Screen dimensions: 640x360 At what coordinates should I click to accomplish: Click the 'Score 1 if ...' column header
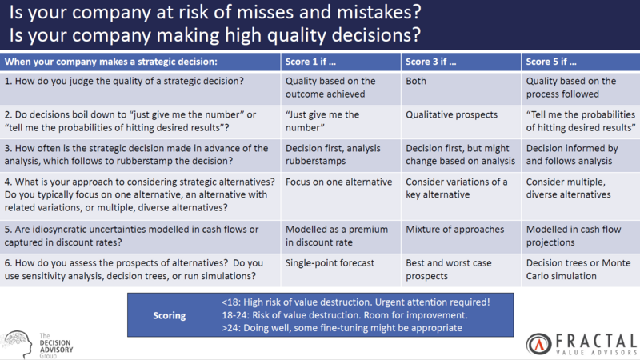(310, 62)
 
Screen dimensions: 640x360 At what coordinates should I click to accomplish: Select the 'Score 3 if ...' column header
(431, 62)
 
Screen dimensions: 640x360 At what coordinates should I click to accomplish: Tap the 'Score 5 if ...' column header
(551, 62)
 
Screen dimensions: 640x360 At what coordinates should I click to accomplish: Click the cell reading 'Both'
(416, 81)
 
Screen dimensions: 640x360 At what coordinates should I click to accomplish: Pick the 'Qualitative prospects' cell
(451, 114)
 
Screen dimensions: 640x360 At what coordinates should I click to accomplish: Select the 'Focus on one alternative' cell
(338, 182)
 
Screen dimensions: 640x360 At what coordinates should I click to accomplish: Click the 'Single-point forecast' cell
(330, 263)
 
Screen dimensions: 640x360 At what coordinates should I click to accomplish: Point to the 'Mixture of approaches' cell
(454, 230)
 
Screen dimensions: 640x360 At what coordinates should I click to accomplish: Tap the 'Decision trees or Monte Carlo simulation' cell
(578, 270)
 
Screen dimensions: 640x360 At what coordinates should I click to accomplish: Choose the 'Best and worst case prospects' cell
(449, 270)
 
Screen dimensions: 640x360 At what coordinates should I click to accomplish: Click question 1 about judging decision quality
(124, 82)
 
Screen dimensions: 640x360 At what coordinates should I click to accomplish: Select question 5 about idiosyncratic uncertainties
(131, 235)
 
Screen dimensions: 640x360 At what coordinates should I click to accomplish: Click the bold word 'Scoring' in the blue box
(170, 315)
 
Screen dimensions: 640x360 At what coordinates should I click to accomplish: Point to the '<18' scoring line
(355, 302)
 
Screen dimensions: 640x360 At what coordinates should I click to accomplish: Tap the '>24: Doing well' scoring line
(342, 328)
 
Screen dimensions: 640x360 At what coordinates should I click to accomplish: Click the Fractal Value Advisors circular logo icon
(538, 344)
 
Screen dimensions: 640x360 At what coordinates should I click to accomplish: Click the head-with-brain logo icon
(18, 344)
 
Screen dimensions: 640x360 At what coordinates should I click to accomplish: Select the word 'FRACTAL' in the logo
(596, 341)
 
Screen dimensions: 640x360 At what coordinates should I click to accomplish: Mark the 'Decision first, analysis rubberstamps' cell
(333, 154)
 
